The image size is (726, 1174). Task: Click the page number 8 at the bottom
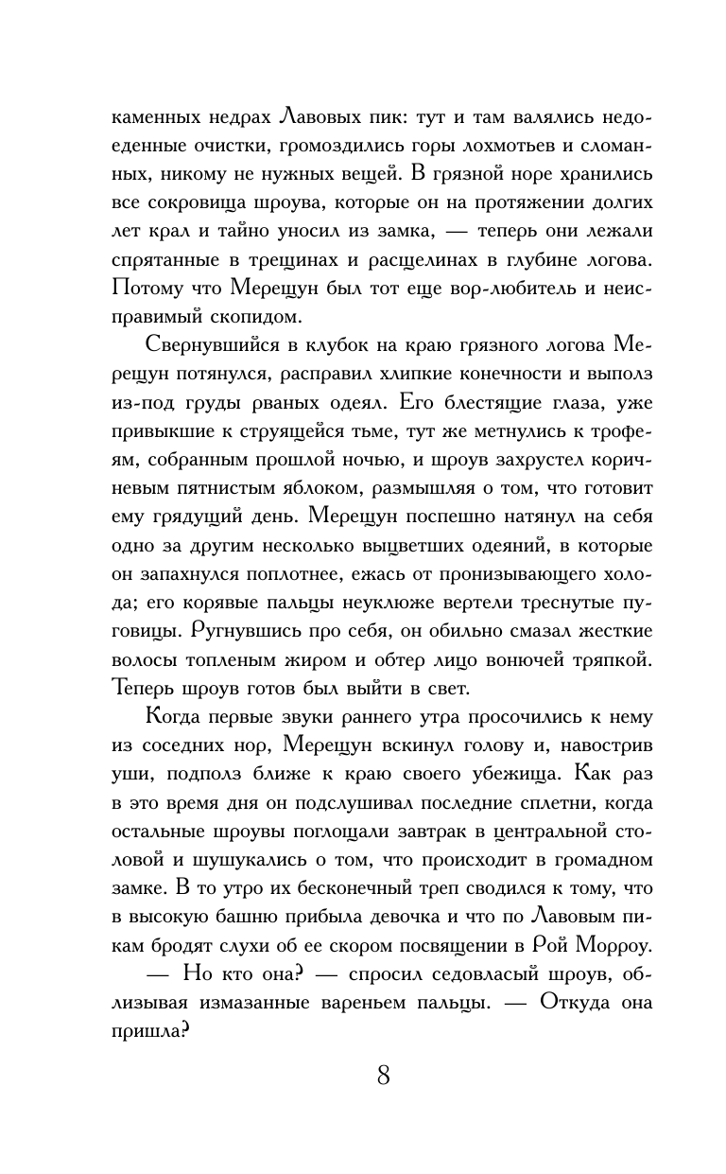pos(383,1076)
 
